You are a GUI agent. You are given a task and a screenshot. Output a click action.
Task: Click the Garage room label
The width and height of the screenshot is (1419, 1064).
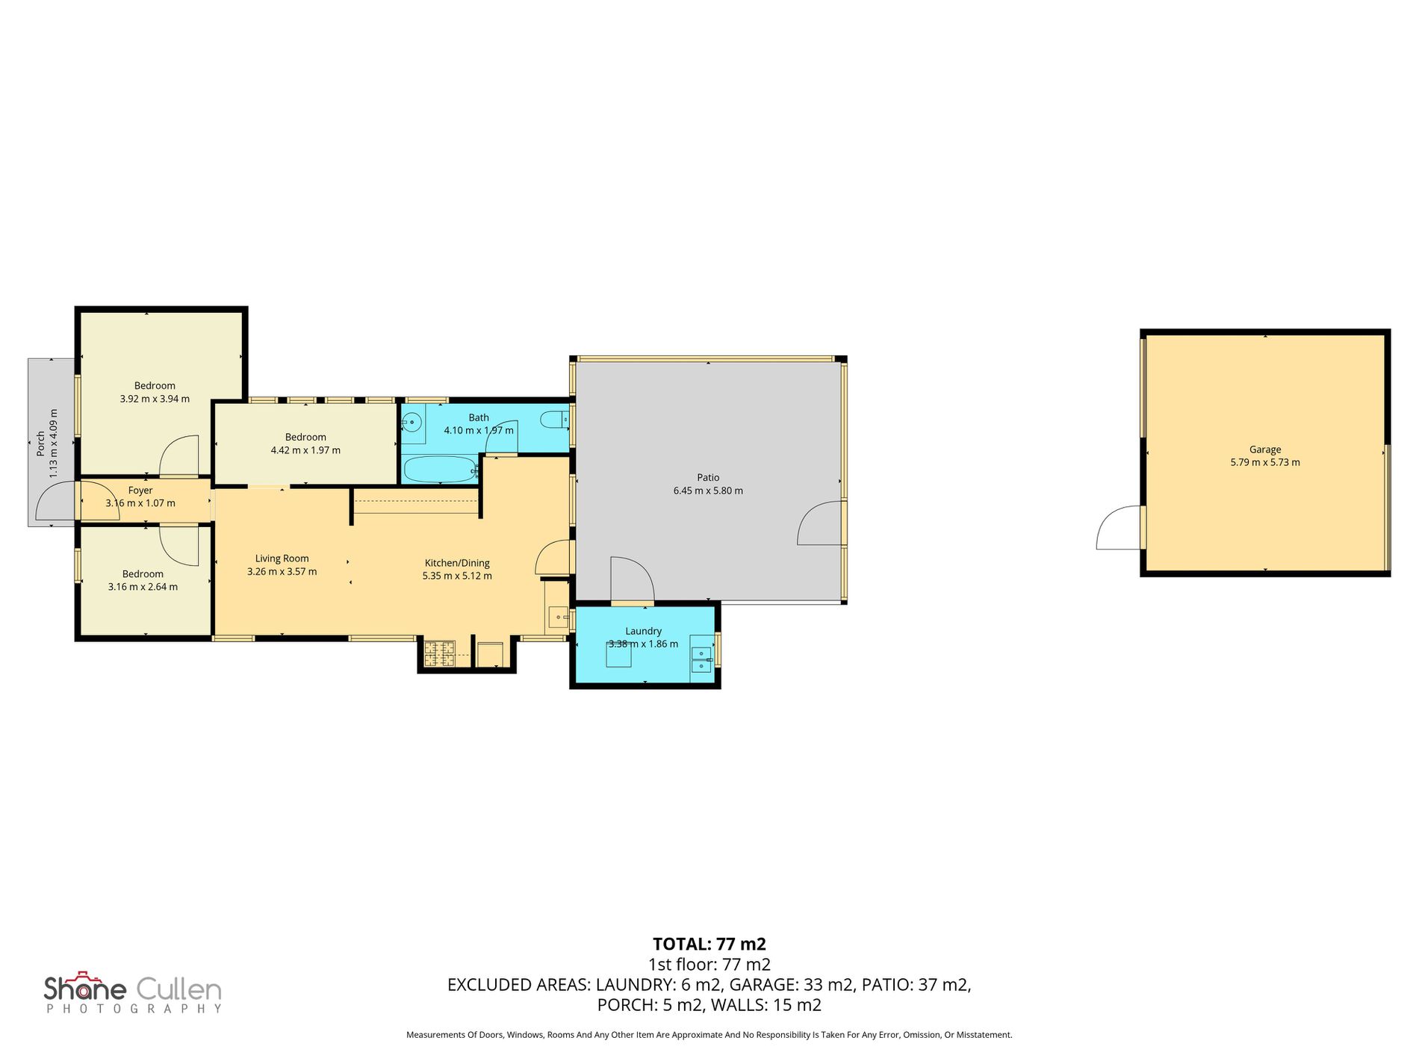coord(1265,449)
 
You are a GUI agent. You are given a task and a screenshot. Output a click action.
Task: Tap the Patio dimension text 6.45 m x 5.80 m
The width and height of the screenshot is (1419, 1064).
coord(708,491)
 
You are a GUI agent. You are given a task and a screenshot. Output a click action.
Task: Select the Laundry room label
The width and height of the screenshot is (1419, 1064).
coord(643,631)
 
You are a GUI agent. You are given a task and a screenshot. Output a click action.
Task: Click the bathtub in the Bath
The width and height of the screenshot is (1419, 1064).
coord(440,470)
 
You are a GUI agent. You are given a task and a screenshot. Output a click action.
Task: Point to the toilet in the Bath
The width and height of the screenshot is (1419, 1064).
coord(556,420)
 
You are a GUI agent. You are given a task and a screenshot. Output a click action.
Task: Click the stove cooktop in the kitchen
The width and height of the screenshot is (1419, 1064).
coord(439,655)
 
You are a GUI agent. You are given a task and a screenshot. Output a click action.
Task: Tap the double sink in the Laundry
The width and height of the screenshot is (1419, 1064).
coord(702,654)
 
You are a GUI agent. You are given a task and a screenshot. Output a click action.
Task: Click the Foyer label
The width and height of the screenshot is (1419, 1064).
coord(140,491)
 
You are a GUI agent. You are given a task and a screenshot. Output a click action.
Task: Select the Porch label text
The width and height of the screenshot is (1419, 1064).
coord(40,444)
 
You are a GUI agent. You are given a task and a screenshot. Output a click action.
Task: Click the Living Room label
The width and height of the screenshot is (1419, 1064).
coord(282,559)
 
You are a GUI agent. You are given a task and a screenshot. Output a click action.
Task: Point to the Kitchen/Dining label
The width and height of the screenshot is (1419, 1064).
coord(457,563)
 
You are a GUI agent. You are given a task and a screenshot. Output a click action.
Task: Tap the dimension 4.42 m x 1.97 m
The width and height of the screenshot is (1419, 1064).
coord(305,450)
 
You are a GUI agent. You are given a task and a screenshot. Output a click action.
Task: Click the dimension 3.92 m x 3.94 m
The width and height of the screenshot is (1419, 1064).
coord(155,399)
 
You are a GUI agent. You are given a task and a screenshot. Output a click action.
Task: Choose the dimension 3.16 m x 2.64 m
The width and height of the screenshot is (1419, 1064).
coord(143,587)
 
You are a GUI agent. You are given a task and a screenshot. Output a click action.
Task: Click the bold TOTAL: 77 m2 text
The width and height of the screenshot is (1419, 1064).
coord(709,944)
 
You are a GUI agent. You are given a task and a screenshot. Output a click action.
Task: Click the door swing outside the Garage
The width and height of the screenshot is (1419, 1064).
coord(1118,527)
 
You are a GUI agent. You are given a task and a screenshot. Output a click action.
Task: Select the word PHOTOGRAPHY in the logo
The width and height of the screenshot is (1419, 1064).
coord(134,1009)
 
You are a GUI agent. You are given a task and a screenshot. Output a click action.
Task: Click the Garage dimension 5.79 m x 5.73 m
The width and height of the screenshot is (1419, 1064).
coord(1265,462)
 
